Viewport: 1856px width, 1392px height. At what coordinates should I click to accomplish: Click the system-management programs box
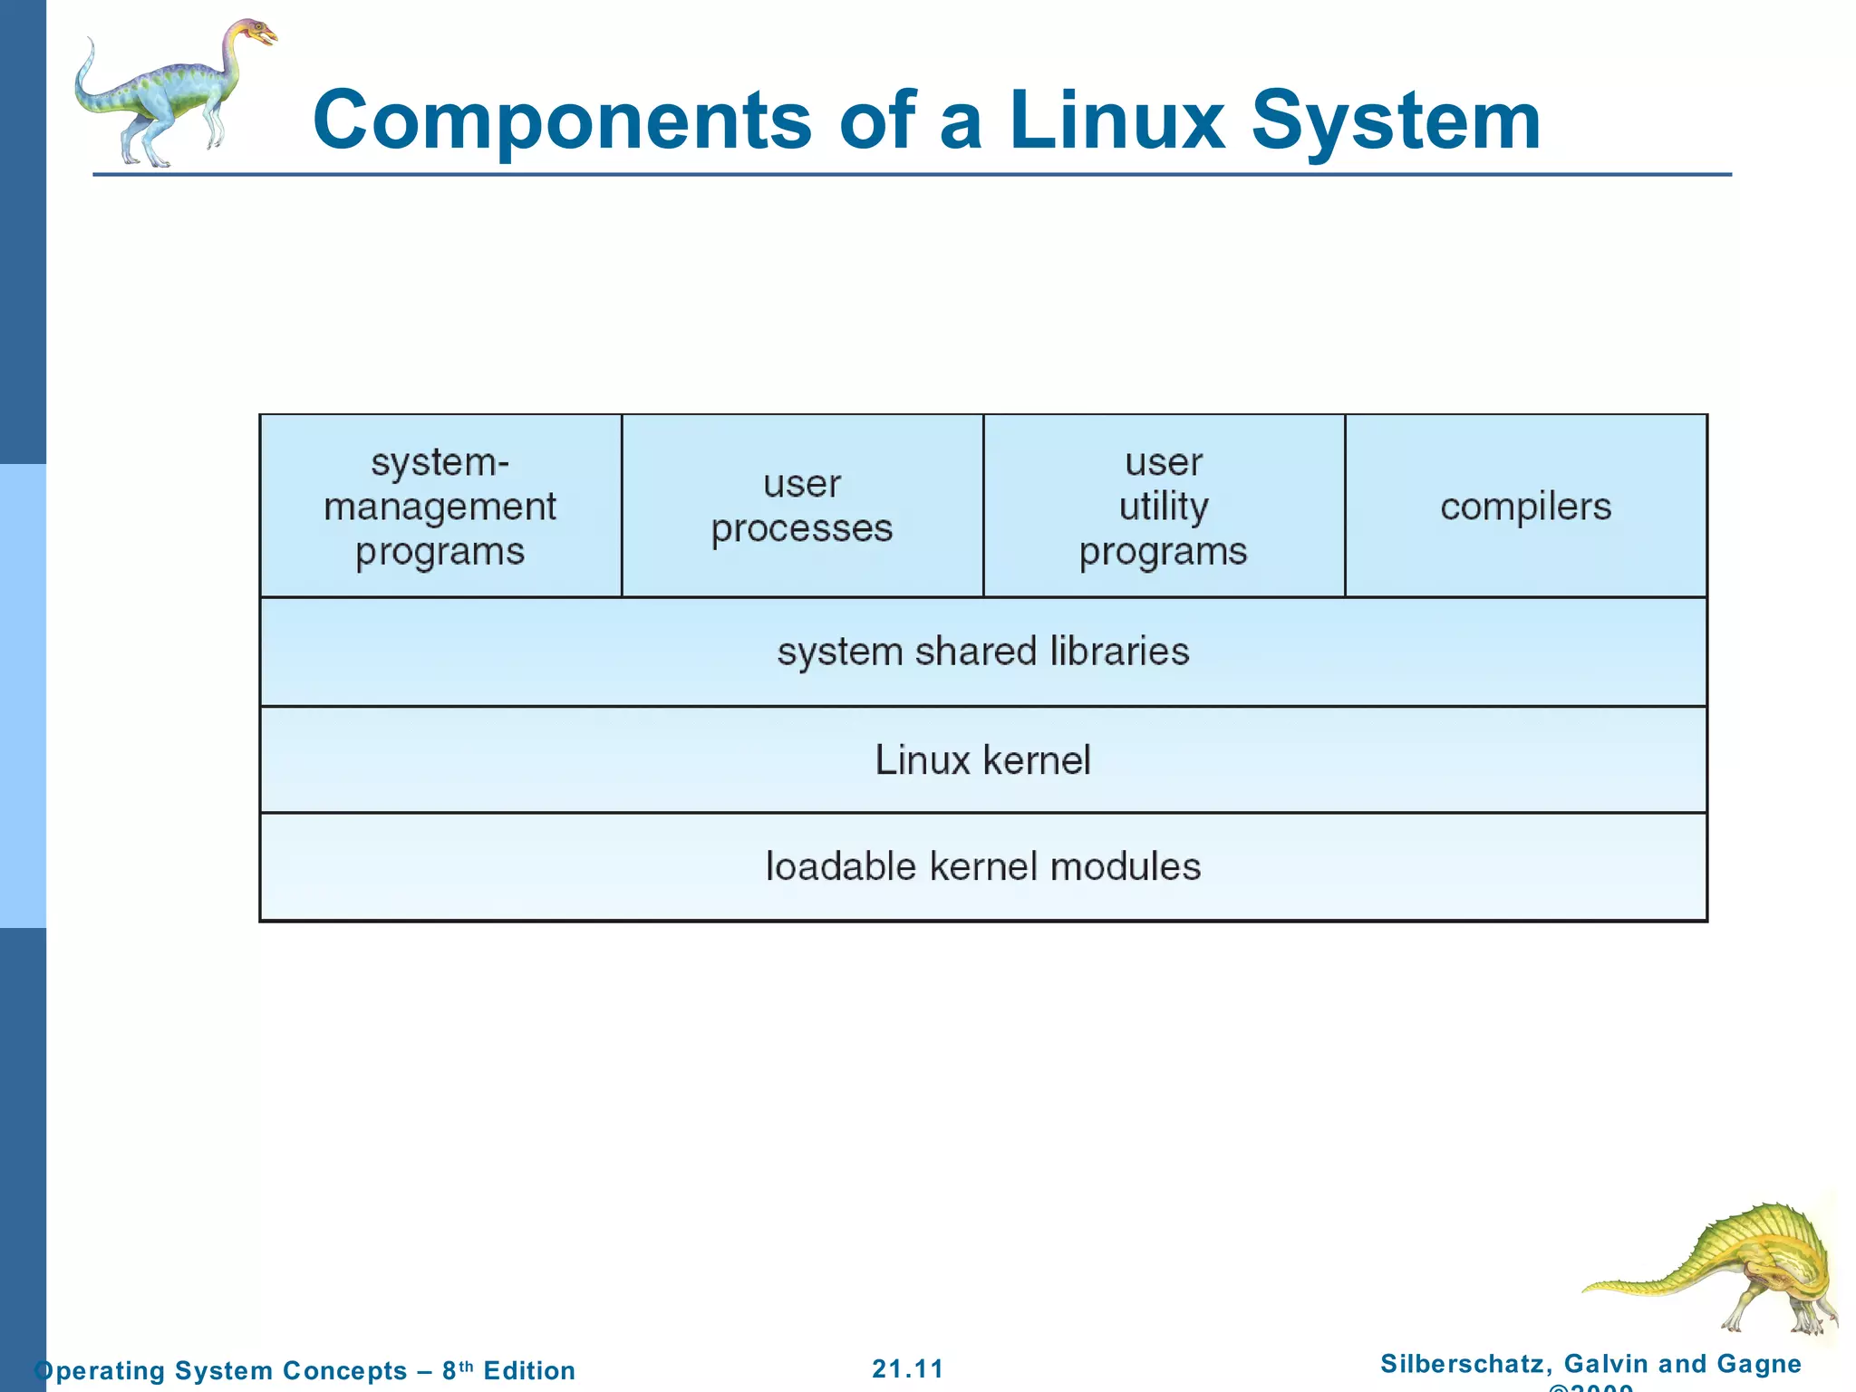coord(440,506)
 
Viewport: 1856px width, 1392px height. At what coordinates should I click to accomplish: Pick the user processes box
coord(802,506)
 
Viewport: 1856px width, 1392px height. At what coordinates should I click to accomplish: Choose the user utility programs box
coord(1164,506)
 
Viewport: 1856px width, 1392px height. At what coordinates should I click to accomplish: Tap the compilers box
coord(1526,506)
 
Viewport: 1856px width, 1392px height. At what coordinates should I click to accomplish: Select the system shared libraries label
coord(983,651)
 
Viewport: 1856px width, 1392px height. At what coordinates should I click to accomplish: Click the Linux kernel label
coord(983,759)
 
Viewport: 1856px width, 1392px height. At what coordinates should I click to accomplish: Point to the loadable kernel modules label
coord(983,866)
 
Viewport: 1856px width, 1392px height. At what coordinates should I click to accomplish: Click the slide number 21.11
coord(908,1368)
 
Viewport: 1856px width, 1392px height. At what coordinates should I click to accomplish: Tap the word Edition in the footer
coord(529,1370)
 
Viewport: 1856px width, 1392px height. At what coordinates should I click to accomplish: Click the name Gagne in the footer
coord(1759,1363)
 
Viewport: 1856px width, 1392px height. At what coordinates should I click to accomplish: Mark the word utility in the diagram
coord(1164,506)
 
